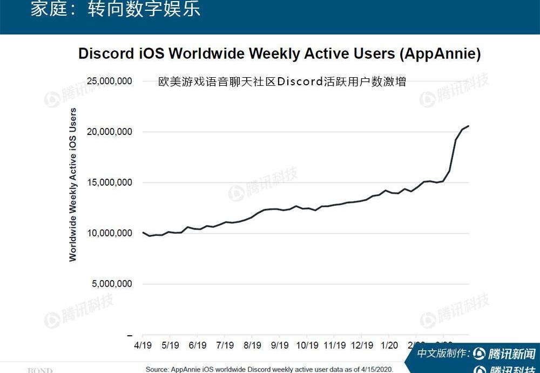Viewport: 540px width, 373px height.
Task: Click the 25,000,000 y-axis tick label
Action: point(110,81)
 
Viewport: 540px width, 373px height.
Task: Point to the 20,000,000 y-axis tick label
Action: point(110,132)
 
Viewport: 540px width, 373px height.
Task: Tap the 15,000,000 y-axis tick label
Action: point(110,182)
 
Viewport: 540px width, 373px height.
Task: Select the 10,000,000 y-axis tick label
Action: point(110,233)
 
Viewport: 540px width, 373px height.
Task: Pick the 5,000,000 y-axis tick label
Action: point(112,284)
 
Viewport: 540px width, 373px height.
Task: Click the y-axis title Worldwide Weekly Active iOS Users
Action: point(73,185)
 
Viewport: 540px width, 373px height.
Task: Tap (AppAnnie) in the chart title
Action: point(440,54)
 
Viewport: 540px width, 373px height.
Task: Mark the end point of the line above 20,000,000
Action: point(469,126)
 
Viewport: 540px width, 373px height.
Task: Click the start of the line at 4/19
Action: point(143,232)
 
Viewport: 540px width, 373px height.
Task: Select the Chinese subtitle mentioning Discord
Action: point(282,82)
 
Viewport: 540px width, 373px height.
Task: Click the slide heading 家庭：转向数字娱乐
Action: point(115,10)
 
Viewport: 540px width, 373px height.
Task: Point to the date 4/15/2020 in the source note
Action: point(374,370)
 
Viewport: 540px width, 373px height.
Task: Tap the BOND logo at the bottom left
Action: point(40,370)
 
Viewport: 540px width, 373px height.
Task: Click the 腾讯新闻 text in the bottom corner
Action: point(511,354)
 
